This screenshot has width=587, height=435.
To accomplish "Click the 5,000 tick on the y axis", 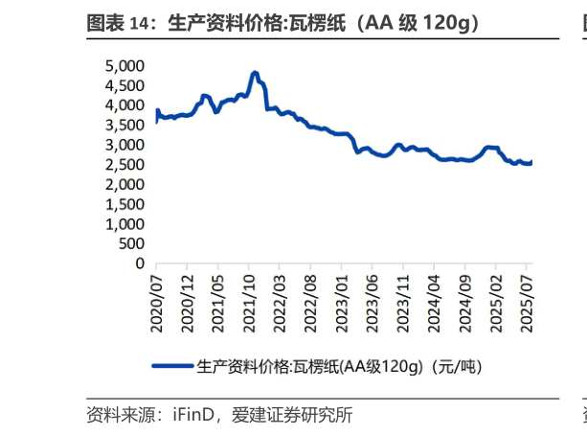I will pos(124,65).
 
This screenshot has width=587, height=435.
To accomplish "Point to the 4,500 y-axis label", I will pos(124,85).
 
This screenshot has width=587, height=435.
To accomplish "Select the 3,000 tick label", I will pos(124,145).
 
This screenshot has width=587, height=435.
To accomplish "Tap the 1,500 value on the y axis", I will pos(124,204).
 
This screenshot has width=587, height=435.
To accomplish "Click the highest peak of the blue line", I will pos(255,73).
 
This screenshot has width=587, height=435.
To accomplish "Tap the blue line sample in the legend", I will pos(172,366).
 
